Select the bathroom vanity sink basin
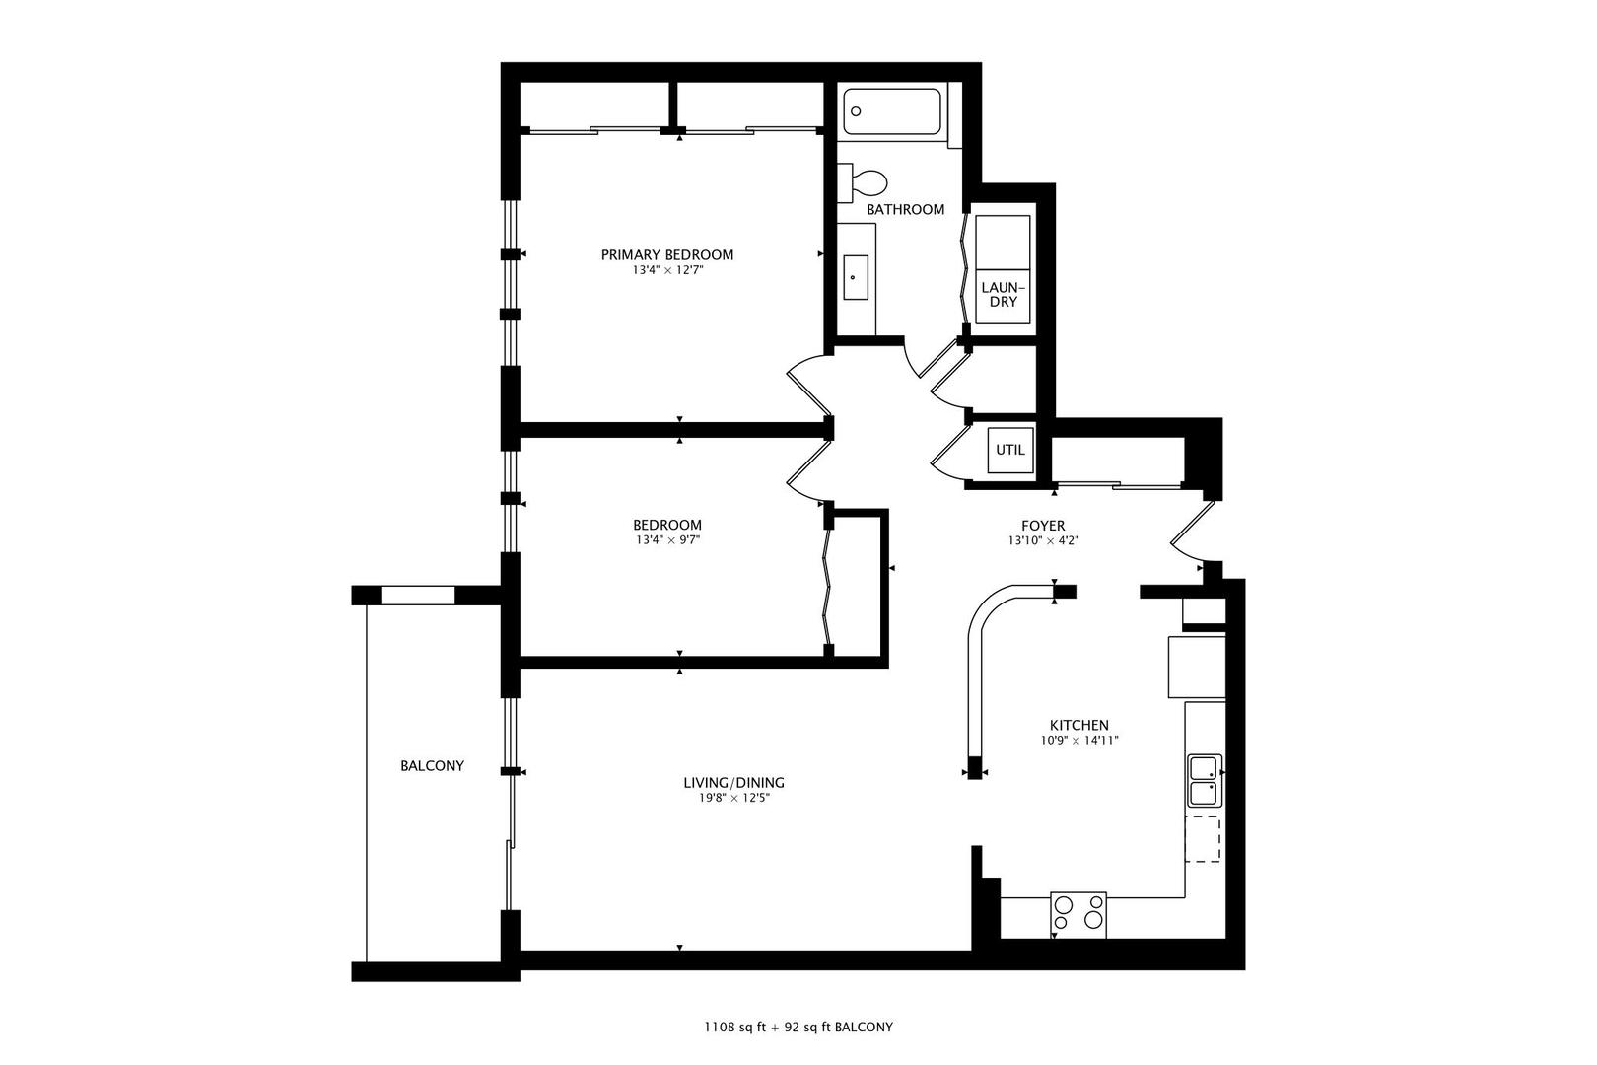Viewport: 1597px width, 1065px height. point(856,277)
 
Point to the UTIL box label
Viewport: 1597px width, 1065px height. point(1010,450)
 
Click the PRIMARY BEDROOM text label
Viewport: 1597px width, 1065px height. point(667,254)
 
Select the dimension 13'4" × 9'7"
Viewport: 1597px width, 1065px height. point(667,540)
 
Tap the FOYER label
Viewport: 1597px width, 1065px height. point(1043,526)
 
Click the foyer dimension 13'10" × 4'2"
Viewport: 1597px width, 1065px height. point(1043,540)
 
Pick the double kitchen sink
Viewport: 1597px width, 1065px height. point(1205,780)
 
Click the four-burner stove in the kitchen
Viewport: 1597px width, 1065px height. point(1078,914)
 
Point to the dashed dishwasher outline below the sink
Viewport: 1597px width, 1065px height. point(1203,838)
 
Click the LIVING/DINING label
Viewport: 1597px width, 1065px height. point(733,783)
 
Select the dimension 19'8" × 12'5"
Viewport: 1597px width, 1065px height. point(733,798)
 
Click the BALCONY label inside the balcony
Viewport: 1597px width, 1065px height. point(432,765)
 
